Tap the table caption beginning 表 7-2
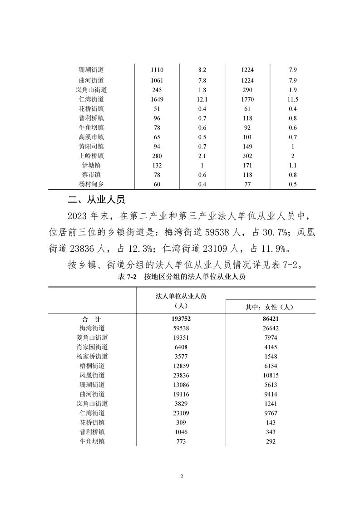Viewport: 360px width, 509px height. [181, 278]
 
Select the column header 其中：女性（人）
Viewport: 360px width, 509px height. [270, 307]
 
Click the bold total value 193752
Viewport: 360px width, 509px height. [181, 318]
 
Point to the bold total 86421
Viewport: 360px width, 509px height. [270, 318]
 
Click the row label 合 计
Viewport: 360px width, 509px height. [91, 318]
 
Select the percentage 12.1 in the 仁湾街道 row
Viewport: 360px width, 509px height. [202, 99]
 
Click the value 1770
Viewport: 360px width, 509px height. [247, 99]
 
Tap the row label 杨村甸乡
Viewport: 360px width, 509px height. [91, 184]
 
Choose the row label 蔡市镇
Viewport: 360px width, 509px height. [91, 175]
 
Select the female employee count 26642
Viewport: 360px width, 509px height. [270, 328]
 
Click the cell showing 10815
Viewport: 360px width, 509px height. [270, 375]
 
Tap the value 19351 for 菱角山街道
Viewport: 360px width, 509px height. [181, 337]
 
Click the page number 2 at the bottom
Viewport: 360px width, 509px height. [181, 476]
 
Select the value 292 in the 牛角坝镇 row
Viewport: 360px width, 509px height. [270, 441]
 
